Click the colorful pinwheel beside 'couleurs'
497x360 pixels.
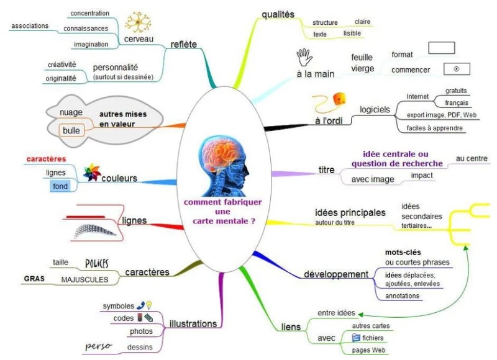pos(91,172)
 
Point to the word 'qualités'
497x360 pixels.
pos(278,14)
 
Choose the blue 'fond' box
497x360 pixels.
pos(60,186)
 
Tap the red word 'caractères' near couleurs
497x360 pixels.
pos(47,160)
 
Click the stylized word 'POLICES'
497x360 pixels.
pos(96,263)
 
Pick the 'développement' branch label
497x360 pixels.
pos(336,274)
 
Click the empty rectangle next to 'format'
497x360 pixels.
pos(442,48)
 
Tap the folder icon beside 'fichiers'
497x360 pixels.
pos(357,338)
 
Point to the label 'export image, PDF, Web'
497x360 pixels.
pos(442,115)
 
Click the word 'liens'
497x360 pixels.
pos(291,326)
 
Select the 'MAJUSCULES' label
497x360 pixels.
pos(85,279)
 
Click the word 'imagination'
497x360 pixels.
pos(91,44)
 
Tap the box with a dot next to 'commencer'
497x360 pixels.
pos(457,69)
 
